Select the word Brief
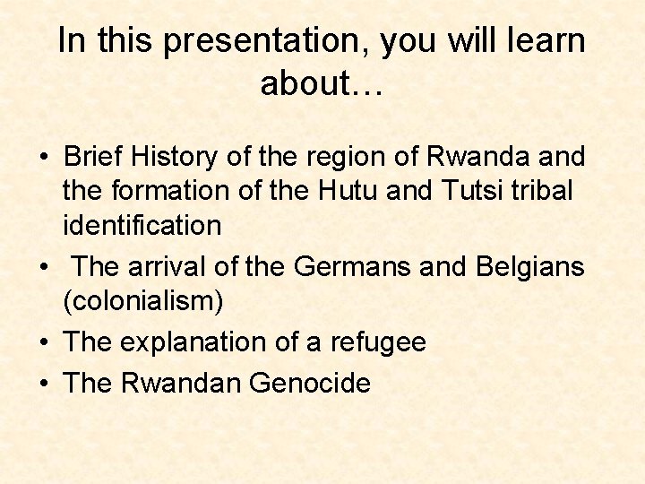96,157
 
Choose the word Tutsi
483,191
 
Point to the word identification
142,225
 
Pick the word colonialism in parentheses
143,301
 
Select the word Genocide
310,384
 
